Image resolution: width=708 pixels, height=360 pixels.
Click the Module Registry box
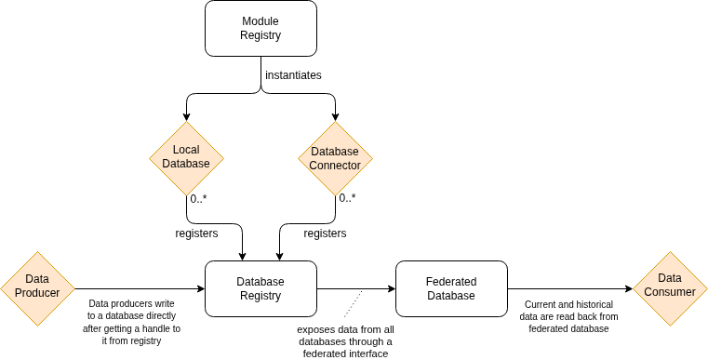[260, 28]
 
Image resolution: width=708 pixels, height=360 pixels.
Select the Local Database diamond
[186, 157]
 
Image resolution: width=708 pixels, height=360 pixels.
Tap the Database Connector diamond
[335, 158]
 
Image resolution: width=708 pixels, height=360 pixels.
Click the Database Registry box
[260, 288]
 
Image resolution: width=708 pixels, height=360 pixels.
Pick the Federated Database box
[451, 288]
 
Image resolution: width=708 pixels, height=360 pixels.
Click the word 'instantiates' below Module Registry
[293, 75]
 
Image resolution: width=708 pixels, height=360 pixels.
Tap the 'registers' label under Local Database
[196, 233]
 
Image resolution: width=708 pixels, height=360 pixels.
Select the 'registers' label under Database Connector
[326, 233]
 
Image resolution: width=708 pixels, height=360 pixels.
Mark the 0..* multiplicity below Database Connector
[347, 198]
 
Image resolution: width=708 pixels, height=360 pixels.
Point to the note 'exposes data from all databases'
[345, 341]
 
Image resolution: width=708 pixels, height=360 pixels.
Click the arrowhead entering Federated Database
[391, 288]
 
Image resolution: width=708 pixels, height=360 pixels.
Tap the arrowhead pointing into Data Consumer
[628, 288]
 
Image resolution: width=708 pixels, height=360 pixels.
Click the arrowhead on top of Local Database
[186, 116]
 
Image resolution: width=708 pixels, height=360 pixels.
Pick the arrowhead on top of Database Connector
[335, 116]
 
